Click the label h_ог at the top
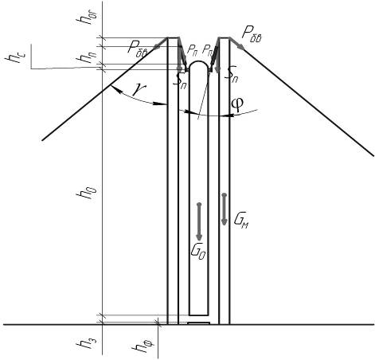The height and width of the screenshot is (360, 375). click(x=89, y=17)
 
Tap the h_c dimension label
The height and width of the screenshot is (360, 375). click(x=13, y=57)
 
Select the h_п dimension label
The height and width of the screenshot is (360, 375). click(x=86, y=56)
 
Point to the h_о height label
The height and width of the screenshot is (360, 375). click(x=84, y=192)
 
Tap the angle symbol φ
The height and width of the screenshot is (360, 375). click(x=236, y=104)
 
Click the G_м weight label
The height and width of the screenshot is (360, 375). click(x=241, y=220)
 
